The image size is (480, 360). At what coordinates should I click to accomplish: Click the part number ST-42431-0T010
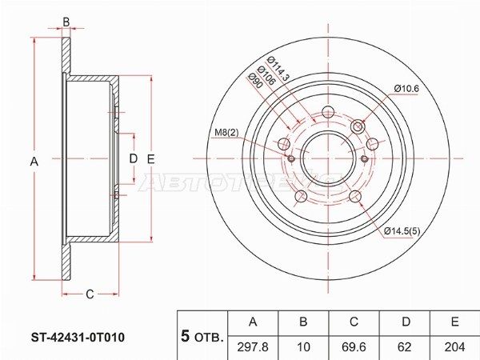pyautogui.click(x=78, y=338)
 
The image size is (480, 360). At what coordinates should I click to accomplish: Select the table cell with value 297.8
pyautogui.click(x=253, y=347)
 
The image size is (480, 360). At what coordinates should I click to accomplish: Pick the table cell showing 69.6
pyautogui.click(x=354, y=347)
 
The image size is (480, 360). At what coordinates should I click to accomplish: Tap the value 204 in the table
pyautogui.click(x=454, y=347)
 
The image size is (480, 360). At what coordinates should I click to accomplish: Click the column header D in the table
pyautogui.click(x=405, y=322)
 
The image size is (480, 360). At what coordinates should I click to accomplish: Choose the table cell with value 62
pyautogui.click(x=405, y=347)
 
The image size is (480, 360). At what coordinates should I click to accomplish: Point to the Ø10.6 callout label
pyautogui.click(x=406, y=89)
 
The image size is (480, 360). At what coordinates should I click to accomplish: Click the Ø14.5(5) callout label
pyautogui.click(x=402, y=230)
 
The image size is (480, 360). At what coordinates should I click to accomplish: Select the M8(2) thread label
pyautogui.click(x=226, y=132)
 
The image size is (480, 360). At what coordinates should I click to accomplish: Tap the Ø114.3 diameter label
pyautogui.click(x=278, y=68)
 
